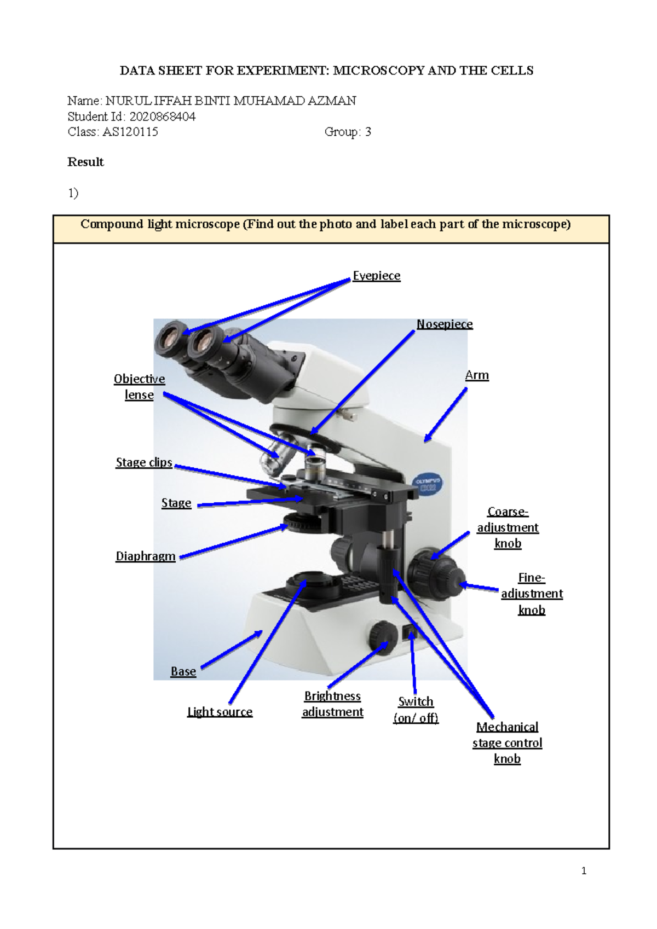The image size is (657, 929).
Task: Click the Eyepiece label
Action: (376, 276)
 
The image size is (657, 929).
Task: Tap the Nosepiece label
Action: (444, 324)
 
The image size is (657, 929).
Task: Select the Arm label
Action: (477, 375)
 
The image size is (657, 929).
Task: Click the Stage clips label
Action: (144, 462)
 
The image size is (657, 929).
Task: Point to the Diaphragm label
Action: (146, 556)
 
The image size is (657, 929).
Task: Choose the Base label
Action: (183, 671)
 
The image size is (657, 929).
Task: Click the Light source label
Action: (220, 712)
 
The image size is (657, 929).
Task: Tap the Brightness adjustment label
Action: (332, 704)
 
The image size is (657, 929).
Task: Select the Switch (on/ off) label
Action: (416, 710)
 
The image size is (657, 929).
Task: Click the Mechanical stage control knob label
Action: (507, 742)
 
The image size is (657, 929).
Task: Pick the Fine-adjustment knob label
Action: (532, 594)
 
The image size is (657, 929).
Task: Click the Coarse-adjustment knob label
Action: (508, 527)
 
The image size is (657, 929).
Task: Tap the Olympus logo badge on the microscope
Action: (428, 484)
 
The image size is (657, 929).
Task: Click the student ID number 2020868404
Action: (162, 117)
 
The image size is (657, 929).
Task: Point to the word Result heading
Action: (85, 162)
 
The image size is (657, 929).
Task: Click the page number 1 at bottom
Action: (584, 871)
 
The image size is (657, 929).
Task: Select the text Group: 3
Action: (348, 132)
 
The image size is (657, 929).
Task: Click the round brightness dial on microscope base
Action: (383, 635)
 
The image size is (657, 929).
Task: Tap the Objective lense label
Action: (139, 387)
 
